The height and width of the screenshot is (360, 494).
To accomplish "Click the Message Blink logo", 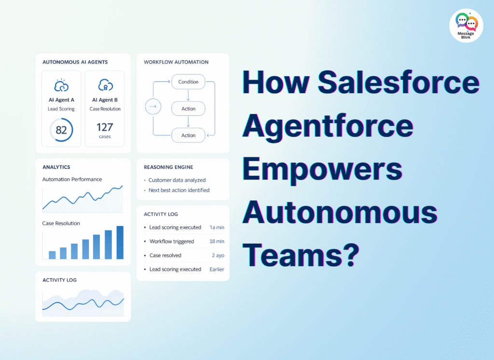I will [466, 25].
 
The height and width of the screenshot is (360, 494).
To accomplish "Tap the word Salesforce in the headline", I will [398, 83].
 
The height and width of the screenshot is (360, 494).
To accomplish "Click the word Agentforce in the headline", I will [328, 126].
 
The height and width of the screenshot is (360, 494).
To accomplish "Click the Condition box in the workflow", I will [188, 82].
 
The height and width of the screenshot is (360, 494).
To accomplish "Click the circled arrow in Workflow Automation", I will [152, 106].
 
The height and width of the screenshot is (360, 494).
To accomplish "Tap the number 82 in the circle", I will [61, 130].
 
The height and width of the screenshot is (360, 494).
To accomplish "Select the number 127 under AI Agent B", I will [105, 127].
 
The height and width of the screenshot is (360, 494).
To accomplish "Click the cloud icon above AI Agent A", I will [61, 85].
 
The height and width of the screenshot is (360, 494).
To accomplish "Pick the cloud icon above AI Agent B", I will [105, 85].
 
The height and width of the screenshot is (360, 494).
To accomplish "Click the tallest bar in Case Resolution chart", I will [120, 242].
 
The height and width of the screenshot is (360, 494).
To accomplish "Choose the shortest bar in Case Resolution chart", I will [52, 255].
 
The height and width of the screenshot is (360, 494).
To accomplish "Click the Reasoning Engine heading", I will [168, 167].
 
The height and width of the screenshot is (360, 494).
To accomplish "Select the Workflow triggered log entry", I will [172, 241].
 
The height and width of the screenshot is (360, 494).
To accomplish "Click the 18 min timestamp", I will [217, 241].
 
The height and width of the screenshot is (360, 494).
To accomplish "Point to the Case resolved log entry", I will [165, 255].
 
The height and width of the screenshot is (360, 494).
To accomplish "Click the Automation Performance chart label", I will [72, 180].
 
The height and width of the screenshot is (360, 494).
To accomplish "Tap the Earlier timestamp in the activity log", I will [217, 269].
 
